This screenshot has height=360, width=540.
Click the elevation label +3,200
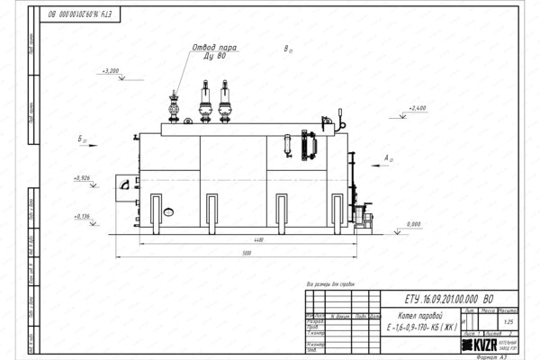tap(112, 69)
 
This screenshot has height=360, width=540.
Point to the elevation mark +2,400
tap(415, 108)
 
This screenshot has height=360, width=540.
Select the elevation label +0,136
tap(104, 217)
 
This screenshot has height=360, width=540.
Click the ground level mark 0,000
tap(414, 222)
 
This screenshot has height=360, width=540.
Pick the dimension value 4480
tap(257, 239)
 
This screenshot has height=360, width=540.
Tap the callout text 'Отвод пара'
tap(215, 47)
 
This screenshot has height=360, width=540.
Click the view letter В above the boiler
tap(286, 49)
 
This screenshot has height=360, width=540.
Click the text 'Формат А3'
tap(494, 355)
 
